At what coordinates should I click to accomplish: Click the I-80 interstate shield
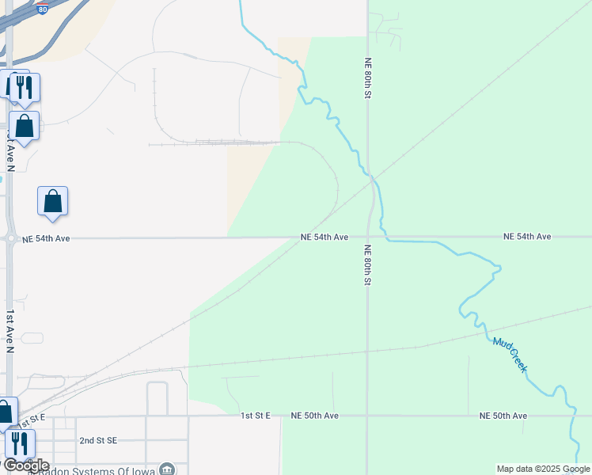point(43,9)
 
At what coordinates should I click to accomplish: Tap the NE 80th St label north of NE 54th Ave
point(368,77)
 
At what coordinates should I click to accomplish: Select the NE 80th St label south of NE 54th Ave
point(368,264)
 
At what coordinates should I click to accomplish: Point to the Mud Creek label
point(510,355)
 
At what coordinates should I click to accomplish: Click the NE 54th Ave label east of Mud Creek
point(527,237)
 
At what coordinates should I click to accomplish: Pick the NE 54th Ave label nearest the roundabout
point(47,238)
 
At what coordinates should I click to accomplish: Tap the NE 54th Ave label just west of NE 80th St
point(324,237)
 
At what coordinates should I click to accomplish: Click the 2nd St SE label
point(98,440)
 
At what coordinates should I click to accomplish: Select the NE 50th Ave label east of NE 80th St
point(503,416)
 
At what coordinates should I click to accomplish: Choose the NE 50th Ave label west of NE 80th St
point(314,416)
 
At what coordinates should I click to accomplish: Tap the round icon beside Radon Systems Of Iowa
point(167,469)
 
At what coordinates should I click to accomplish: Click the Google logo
point(25,465)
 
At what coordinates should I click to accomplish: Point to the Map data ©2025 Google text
point(542,469)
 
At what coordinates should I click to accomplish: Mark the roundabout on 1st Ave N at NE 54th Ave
point(10,237)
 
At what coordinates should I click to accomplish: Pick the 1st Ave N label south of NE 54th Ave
point(10,331)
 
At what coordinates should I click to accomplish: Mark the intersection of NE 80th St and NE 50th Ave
point(368,415)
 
